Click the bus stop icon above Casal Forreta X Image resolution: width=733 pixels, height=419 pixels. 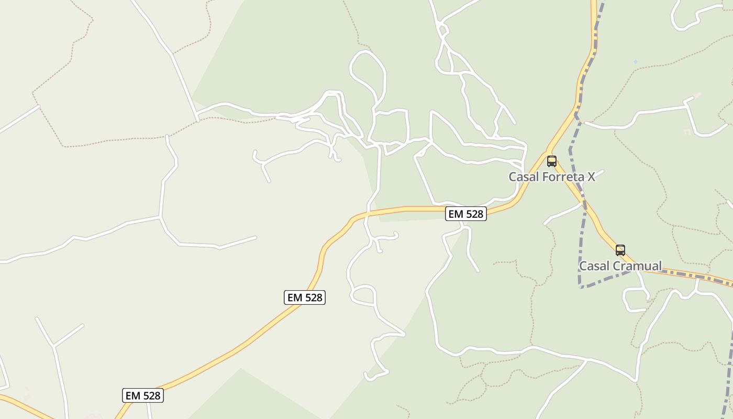pyautogui.click(x=551, y=161)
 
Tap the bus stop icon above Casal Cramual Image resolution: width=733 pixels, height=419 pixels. pyautogui.click(x=620, y=250)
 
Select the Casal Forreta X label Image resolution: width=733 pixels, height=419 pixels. pyautogui.click(x=552, y=177)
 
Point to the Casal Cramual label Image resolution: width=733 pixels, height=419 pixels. pyautogui.click(x=620, y=266)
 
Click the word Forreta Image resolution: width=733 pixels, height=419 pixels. pyautogui.click(x=563, y=177)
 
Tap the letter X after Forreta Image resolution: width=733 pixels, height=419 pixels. pyautogui.click(x=591, y=177)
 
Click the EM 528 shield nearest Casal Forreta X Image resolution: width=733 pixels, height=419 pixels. pyautogui.click(x=466, y=214)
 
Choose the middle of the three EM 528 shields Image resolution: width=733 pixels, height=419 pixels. pyautogui.click(x=305, y=297)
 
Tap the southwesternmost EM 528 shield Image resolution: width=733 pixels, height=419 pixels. pyautogui.click(x=143, y=396)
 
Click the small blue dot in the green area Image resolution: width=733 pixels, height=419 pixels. pyautogui.click(x=636, y=62)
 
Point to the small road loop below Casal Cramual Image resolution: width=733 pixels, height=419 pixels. pyautogui.click(x=635, y=300)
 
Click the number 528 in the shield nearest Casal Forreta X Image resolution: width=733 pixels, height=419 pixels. pyautogui.click(x=473, y=214)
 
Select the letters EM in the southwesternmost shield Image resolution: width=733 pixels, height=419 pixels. pyautogui.click(x=133, y=396)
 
